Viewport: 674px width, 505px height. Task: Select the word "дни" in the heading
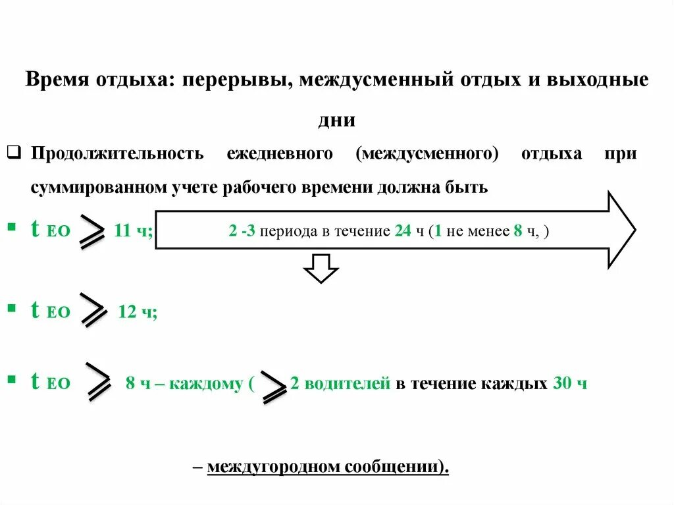coord(336,120)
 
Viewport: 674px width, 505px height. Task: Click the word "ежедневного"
coord(279,154)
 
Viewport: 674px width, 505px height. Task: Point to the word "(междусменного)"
coord(427,154)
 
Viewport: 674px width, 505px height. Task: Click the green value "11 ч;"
coord(134,231)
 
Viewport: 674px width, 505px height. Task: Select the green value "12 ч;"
coord(137,312)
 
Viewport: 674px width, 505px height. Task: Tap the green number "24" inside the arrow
coord(403,231)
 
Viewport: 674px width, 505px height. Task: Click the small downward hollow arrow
coord(321,268)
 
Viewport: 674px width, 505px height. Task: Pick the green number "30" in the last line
coord(561,383)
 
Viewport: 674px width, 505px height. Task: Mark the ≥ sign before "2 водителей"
coord(274,385)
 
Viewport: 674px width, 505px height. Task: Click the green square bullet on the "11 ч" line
coord(11,227)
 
